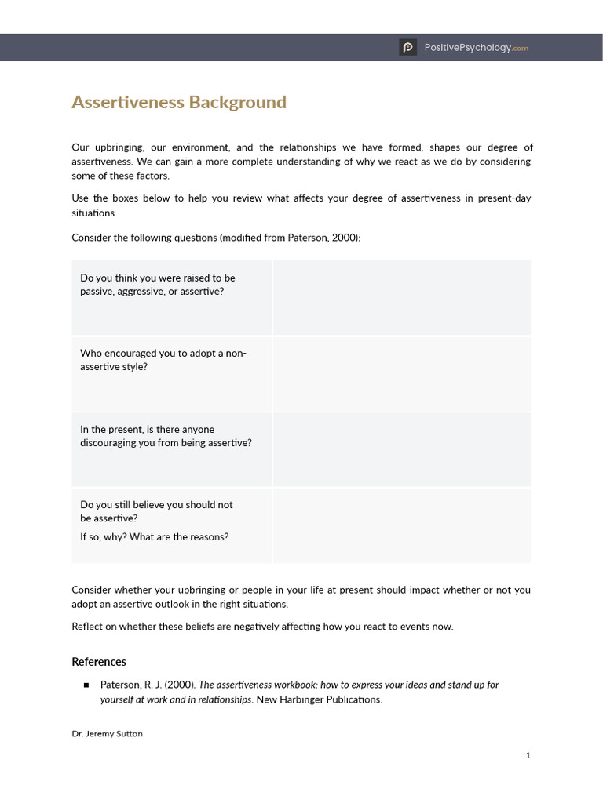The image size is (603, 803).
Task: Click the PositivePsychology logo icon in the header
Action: tap(407, 48)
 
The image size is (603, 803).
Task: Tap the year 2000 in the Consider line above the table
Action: tap(344, 238)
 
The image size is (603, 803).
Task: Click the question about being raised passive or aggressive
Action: tap(158, 285)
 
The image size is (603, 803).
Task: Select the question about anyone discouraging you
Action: tap(166, 436)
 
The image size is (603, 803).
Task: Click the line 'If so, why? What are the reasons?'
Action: tap(155, 537)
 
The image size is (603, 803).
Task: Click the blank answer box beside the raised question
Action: tap(401, 298)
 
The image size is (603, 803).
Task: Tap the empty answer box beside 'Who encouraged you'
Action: tap(401, 374)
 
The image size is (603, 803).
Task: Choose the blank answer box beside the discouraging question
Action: tap(401, 449)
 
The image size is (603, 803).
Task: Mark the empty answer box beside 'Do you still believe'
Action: tap(401, 525)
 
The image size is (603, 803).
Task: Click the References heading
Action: tap(99, 662)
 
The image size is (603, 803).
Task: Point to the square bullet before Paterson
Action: tap(86, 685)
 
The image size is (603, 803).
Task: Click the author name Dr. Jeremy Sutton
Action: tap(108, 734)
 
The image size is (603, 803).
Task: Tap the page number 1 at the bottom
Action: tap(528, 755)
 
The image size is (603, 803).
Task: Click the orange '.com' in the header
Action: tap(521, 49)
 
